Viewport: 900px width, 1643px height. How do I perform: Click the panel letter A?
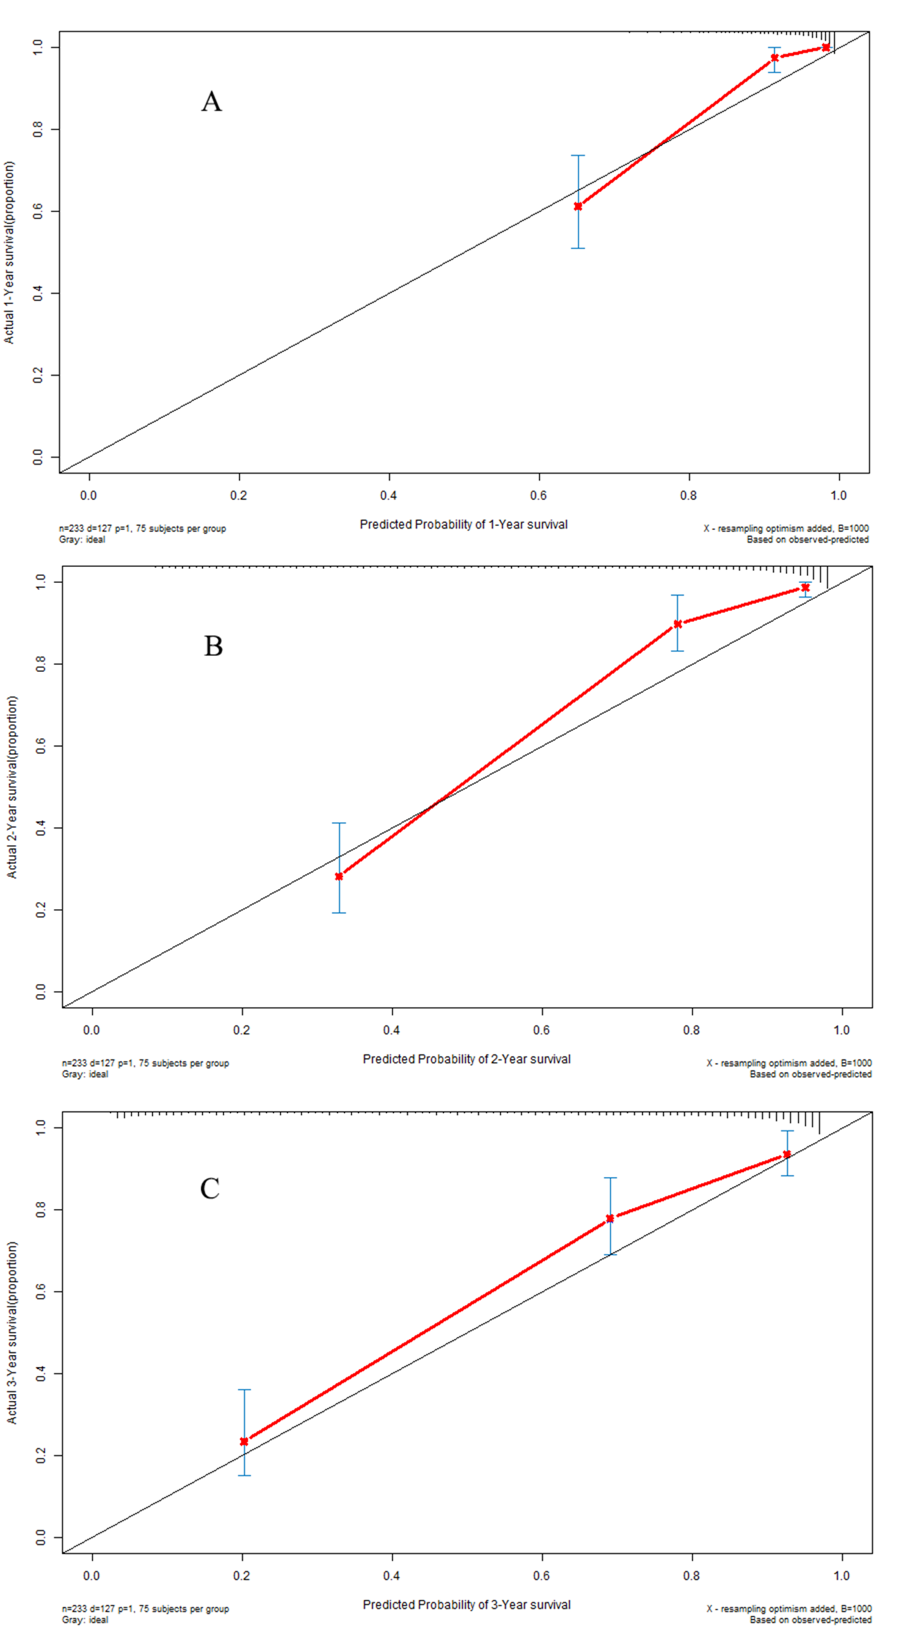click(x=212, y=102)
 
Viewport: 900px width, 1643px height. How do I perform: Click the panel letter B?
click(x=213, y=646)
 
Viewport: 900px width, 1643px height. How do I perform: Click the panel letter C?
click(x=210, y=1188)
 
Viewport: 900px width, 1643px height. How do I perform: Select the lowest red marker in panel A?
click(x=578, y=207)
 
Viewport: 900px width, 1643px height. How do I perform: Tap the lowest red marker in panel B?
click(x=339, y=876)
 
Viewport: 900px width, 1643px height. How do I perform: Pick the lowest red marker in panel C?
click(x=244, y=1441)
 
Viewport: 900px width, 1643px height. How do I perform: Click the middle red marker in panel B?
click(x=677, y=624)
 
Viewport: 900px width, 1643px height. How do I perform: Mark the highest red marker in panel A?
click(x=826, y=47)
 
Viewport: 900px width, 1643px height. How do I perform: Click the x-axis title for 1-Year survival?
click(x=464, y=524)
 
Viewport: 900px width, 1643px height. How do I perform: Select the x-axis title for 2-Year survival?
click(x=466, y=1059)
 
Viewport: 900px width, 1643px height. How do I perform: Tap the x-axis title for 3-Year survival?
click(x=466, y=1604)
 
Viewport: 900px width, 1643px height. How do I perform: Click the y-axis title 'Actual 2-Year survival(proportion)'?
click(x=13, y=787)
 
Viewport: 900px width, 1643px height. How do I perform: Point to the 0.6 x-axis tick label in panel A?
click(x=539, y=495)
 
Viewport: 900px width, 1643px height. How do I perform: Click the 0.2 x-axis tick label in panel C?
click(x=242, y=1575)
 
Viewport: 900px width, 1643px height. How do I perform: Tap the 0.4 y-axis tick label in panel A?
click(x=38, y=294)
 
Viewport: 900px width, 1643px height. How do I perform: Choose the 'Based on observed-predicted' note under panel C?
click(x=810, y=1619)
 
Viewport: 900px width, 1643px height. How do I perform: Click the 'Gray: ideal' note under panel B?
click(x=85, y=1074)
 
